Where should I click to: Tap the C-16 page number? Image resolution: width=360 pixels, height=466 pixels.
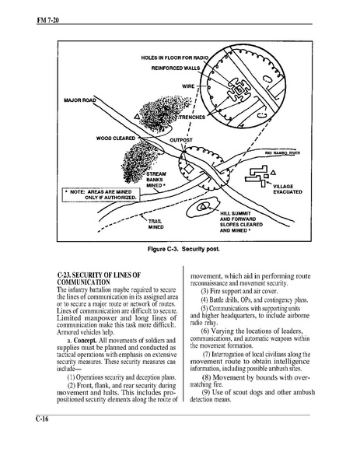tap(42, 419)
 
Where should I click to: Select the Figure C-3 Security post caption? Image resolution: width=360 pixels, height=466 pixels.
tap(183, 249)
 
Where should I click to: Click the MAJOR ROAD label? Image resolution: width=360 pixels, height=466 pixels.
tap(80, 100)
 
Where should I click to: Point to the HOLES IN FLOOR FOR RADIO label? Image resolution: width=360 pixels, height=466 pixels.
tap(175, 58)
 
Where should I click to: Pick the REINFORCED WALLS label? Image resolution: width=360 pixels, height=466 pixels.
tap(176, 68)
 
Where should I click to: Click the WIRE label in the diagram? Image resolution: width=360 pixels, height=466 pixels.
tap(188, 86)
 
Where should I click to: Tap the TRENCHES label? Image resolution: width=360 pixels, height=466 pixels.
tap(192, 117)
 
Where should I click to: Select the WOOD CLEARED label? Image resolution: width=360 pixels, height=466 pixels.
tap(116, 138)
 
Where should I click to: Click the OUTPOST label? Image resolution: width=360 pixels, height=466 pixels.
tap(181, 140)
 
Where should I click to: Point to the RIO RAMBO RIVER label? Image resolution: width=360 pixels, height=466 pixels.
tap(282, 153)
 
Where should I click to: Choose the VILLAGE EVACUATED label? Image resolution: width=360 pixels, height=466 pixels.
tap(288, 189)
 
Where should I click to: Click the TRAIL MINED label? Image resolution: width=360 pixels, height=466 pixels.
tap(156, 224)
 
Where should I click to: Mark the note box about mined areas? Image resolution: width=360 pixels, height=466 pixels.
tap(101, 194)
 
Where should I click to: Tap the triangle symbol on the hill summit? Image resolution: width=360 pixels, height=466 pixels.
tap(203, 206)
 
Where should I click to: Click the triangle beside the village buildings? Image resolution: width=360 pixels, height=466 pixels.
tap(274, 172)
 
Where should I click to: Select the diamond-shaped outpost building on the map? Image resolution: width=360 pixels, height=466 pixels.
tap(188, 169)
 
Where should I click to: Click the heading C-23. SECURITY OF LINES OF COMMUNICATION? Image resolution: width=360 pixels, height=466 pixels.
tap(99, 279)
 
